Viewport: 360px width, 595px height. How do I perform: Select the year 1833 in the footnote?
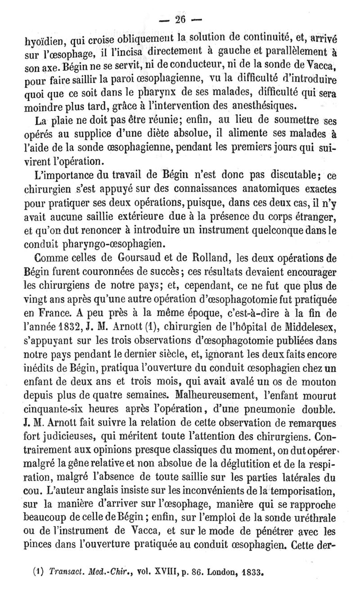[246, 562]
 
